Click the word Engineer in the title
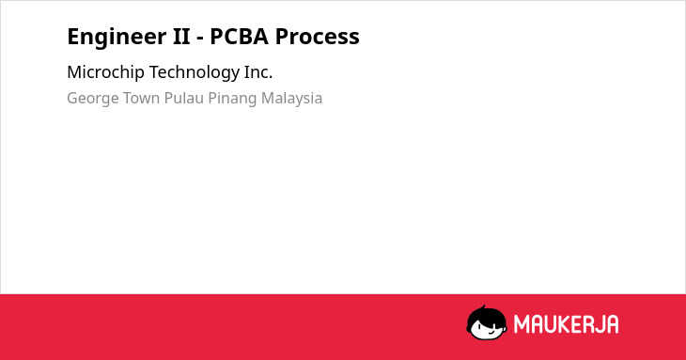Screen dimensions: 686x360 [117, 38]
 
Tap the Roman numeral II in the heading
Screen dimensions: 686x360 [181, 37]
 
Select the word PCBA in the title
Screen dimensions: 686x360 [239, 37]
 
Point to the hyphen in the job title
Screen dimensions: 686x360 [200, 39]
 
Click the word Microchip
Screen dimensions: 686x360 [105, 72]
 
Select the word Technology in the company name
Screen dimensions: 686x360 [195, 72]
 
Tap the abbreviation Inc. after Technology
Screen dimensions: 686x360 [258, 72]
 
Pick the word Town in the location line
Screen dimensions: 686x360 [141, 98]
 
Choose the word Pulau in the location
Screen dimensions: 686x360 [184, 98]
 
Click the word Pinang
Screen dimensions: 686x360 [232, 99]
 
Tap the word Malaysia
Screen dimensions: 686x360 [291, 99]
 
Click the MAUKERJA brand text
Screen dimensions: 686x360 [566, 324]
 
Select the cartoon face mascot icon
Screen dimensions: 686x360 [487, 322]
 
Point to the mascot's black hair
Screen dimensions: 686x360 [486, 314]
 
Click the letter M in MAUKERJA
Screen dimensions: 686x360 [522, 324]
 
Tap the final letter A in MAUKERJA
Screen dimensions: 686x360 [613, 324]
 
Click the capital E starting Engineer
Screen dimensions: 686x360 [72, 37]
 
